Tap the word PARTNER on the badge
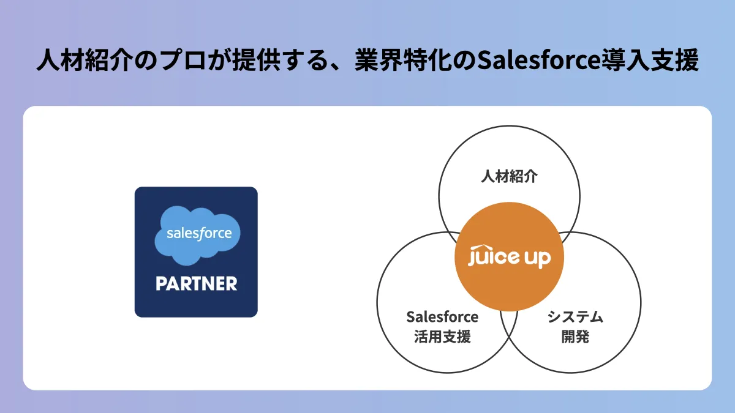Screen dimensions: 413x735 196,284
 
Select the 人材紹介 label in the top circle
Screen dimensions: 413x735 509,177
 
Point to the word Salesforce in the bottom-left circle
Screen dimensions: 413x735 442,318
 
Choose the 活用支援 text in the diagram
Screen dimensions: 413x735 442,337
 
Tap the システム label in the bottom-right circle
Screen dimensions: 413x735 575,318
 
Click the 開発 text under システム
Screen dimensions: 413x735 575,337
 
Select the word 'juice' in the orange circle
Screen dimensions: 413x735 494,258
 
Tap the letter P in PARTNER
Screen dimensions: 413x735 160,284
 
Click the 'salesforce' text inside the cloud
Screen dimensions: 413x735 199,233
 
